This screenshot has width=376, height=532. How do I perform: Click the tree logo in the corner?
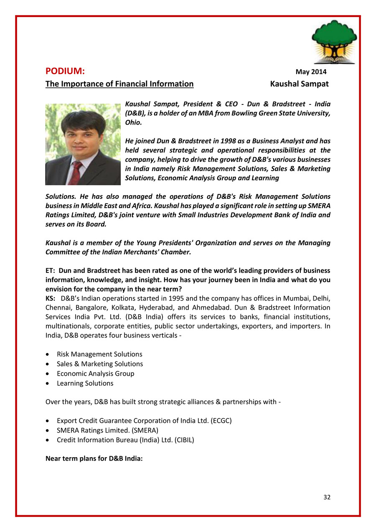[x=334, y=42]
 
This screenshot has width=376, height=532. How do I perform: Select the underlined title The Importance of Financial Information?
[x=119, y=84]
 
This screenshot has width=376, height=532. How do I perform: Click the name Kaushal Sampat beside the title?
[x=299, y=84]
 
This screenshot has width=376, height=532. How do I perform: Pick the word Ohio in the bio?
[x=134, y=122]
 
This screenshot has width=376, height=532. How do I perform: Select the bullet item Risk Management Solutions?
[x=99, y=354]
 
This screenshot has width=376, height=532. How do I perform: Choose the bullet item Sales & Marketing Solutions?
[x=100, y=364]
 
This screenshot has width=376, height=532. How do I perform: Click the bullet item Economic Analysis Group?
[x=96, y=374]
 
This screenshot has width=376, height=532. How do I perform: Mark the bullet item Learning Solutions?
[x=85, y=383]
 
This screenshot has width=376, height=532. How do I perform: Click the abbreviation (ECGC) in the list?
[x=219, y=420]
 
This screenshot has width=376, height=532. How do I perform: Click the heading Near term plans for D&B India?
[x=94, y=458]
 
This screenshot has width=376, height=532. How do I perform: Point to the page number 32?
[x=327, y=497]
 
